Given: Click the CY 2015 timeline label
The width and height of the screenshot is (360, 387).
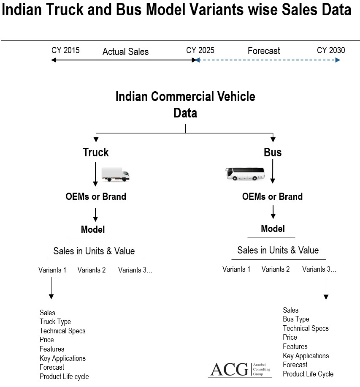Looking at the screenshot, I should click(65, 50).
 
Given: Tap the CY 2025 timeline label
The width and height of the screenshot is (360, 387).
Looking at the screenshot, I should click(200, 50).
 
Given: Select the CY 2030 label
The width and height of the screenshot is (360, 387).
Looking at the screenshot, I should click(331, 50).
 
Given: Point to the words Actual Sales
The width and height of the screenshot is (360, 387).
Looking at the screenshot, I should click(125, 52).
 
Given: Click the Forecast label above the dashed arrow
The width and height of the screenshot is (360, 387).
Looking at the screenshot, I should click(264, 51).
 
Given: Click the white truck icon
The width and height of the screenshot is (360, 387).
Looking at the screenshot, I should click(115, 174).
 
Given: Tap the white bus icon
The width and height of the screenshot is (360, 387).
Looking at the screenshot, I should click(245, 173).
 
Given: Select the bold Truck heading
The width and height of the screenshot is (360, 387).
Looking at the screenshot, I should click(96, 152).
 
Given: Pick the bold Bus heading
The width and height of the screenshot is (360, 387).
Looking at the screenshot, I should click(273, 152).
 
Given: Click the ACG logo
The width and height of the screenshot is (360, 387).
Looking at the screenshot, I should click(240, 370).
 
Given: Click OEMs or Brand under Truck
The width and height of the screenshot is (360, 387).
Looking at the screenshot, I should click(96, 196).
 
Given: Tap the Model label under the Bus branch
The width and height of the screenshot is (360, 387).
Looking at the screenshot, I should click(273, 229).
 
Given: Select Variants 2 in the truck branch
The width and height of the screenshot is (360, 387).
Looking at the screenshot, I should click(92, 270).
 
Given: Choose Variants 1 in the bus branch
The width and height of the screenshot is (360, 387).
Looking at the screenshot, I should click(236, 269).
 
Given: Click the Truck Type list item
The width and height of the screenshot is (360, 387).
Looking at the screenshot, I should click(55, 322).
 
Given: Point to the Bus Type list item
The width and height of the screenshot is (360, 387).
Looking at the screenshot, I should click(296, 319).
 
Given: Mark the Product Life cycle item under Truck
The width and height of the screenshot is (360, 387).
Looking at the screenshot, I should click(64, 376).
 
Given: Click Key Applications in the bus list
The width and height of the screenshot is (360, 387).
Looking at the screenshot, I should click(306, 356).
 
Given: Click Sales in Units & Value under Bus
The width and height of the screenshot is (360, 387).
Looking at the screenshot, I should click(278, 250).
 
